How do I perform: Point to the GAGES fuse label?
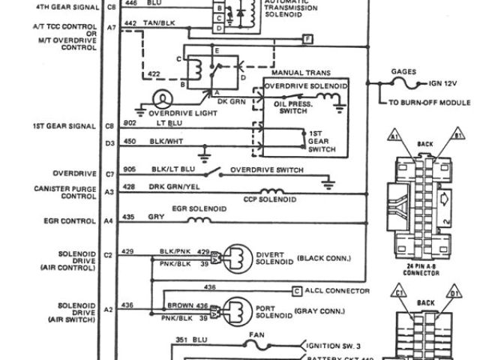(x=403, y=73)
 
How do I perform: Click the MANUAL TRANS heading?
(x=295, y=72)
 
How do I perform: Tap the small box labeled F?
(x=307, y=37)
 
